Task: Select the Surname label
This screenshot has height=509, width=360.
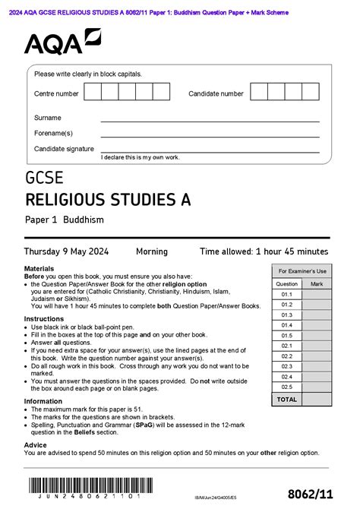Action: click(x=48, y=118)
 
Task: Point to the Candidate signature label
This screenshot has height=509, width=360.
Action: click(x=64, y=149)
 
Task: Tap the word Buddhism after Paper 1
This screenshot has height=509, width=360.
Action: click(x=84, y=220)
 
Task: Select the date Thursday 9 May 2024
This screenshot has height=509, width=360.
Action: click(x=66, y=251)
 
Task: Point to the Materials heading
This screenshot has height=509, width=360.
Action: click(x=39, y=269)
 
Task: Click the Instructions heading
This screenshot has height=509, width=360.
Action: click(x=43, y=319)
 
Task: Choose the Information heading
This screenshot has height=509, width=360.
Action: click(x=43, y=401)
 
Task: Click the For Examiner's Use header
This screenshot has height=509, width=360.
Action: click(x=302, y=271)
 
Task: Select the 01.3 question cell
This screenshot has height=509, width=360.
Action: click(x=286, y=315)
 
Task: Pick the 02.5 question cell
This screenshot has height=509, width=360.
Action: click(x=286, y=387)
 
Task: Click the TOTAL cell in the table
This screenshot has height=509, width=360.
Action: click(x=286, y=399)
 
